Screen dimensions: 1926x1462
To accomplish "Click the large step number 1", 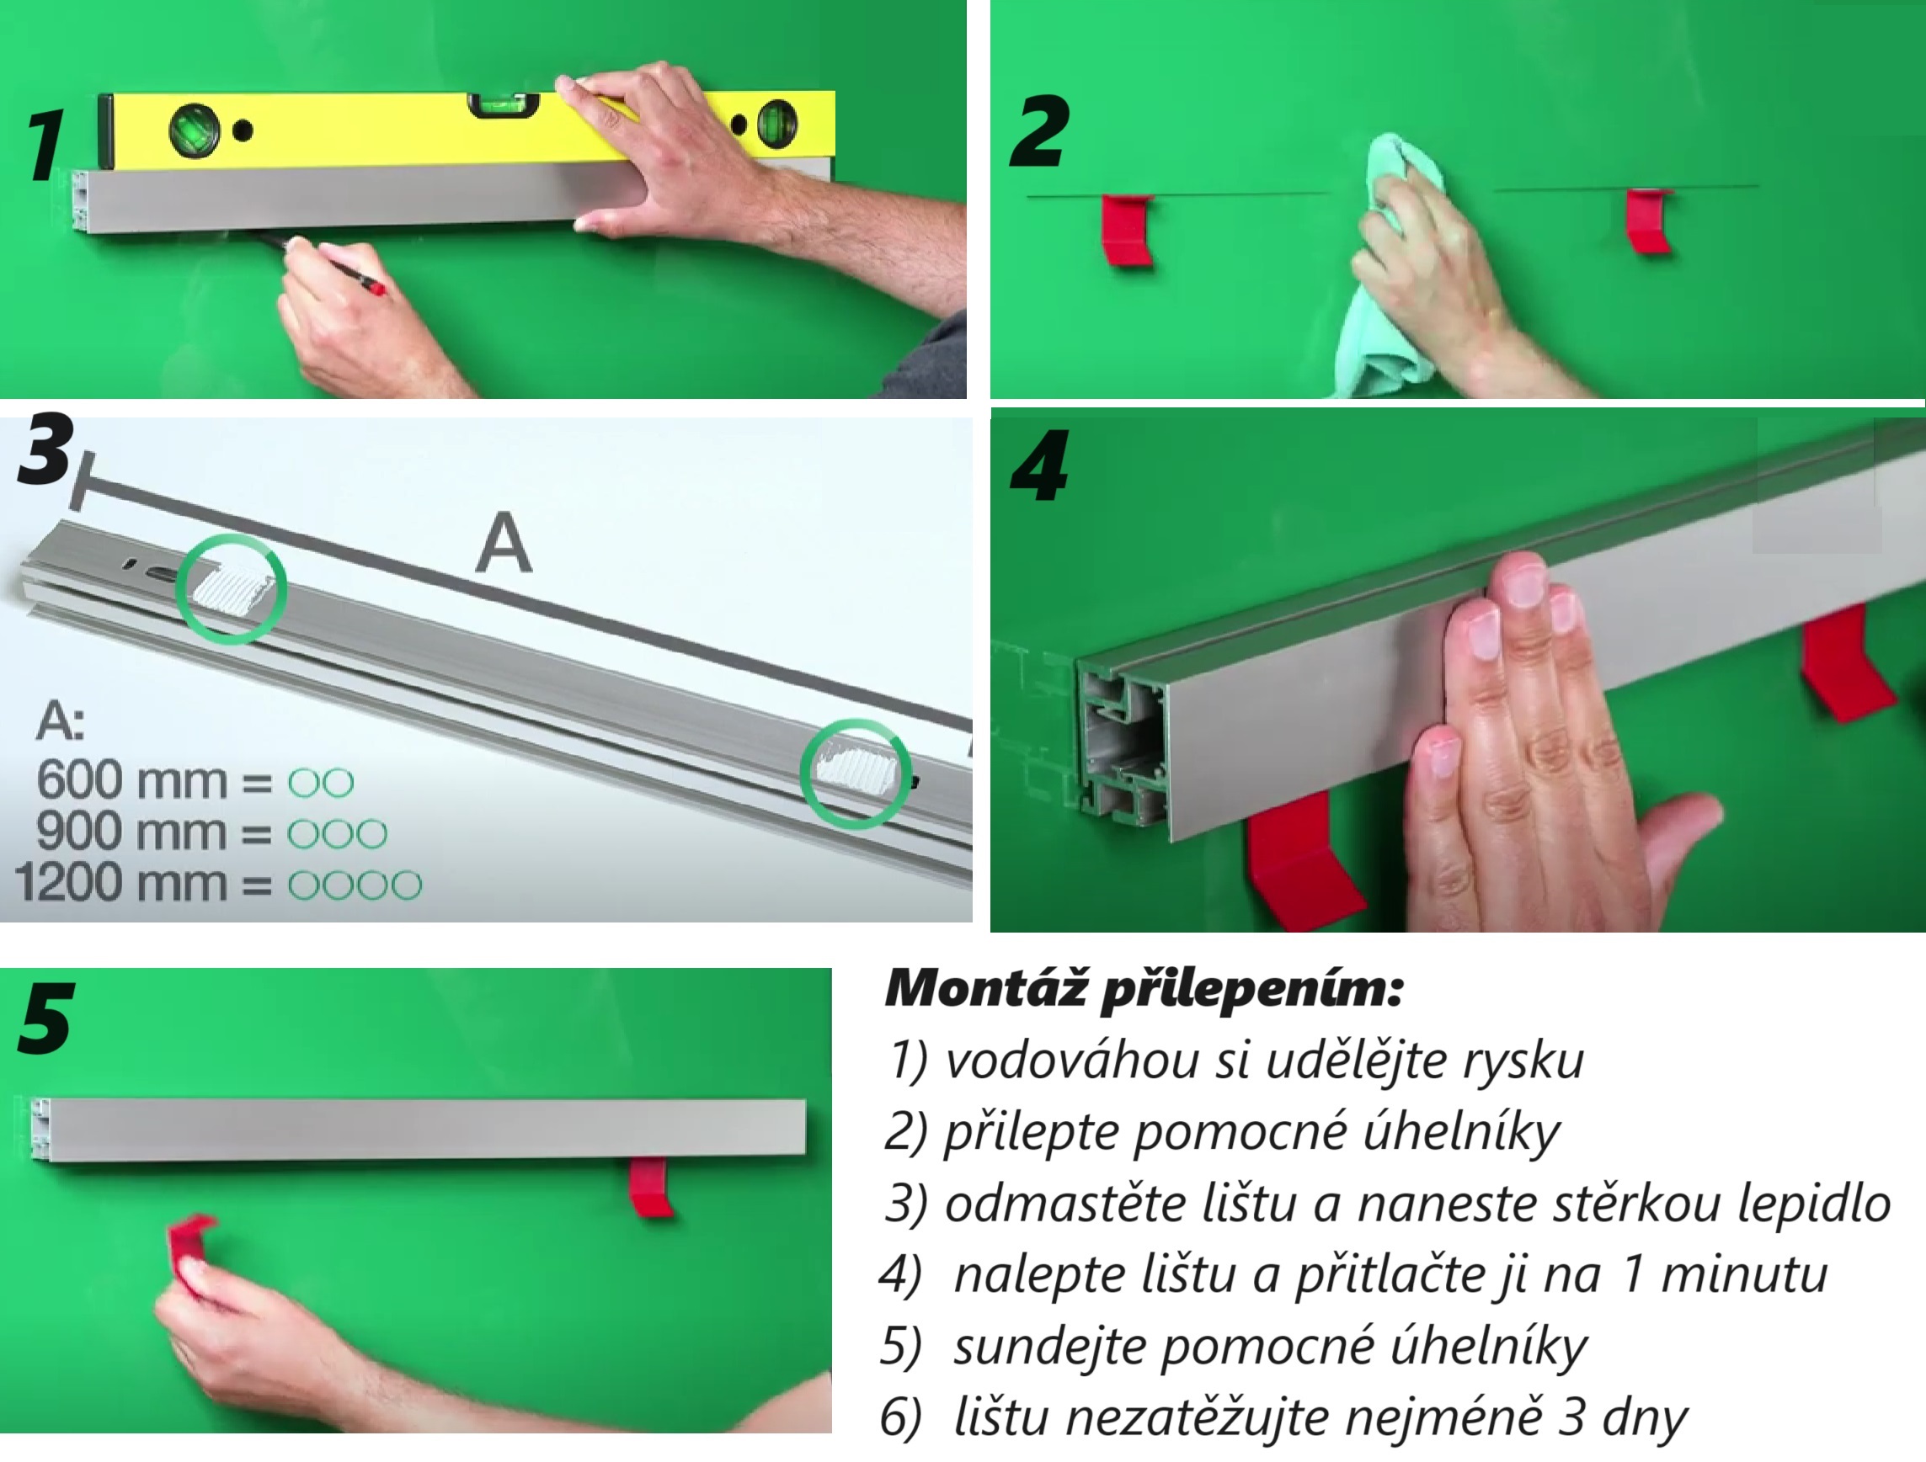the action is click(45, 146).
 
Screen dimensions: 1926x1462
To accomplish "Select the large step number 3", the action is click(45, 449).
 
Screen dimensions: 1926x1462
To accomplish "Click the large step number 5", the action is click(45, 1018).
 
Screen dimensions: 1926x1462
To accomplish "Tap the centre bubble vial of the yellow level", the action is click(504, 104).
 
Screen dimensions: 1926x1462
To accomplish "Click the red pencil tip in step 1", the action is click(376, 286).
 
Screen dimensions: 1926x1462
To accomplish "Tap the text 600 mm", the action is click(131, 780).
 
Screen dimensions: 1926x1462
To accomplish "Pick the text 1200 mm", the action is click(121, 882).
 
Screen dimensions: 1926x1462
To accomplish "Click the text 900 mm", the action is click(131, 832).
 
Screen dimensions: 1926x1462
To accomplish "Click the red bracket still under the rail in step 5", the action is click(651, 1186).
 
